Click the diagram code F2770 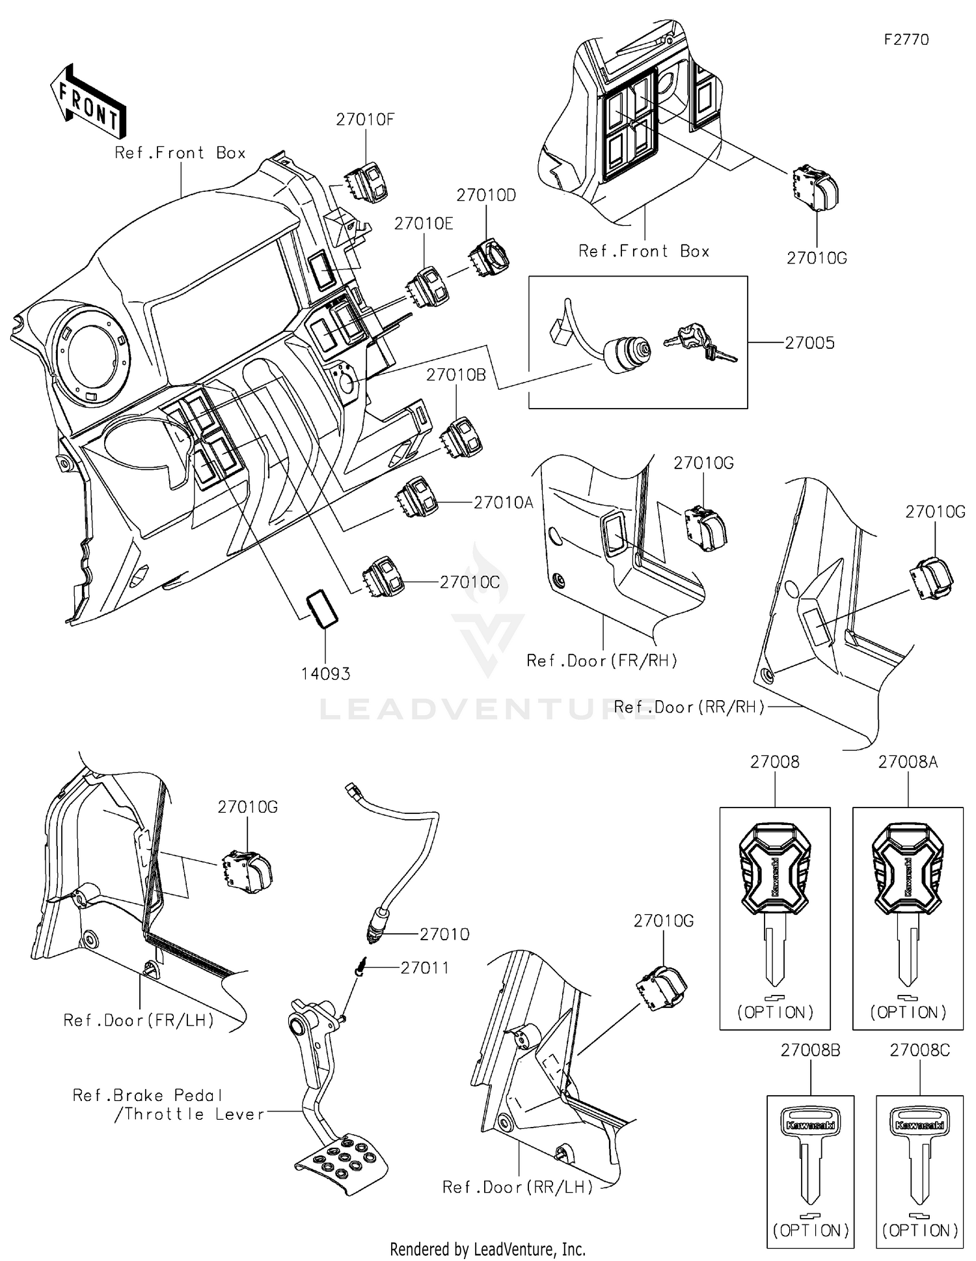906,40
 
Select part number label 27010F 365,120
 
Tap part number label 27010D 486,195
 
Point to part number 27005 809,343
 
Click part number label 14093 325,674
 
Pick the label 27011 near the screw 425,968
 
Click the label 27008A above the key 908,762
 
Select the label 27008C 919,1050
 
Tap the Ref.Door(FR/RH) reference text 602,661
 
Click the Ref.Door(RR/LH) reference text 518,1187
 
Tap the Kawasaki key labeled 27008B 809,1152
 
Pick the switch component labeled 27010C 384,575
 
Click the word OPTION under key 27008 775,1012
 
